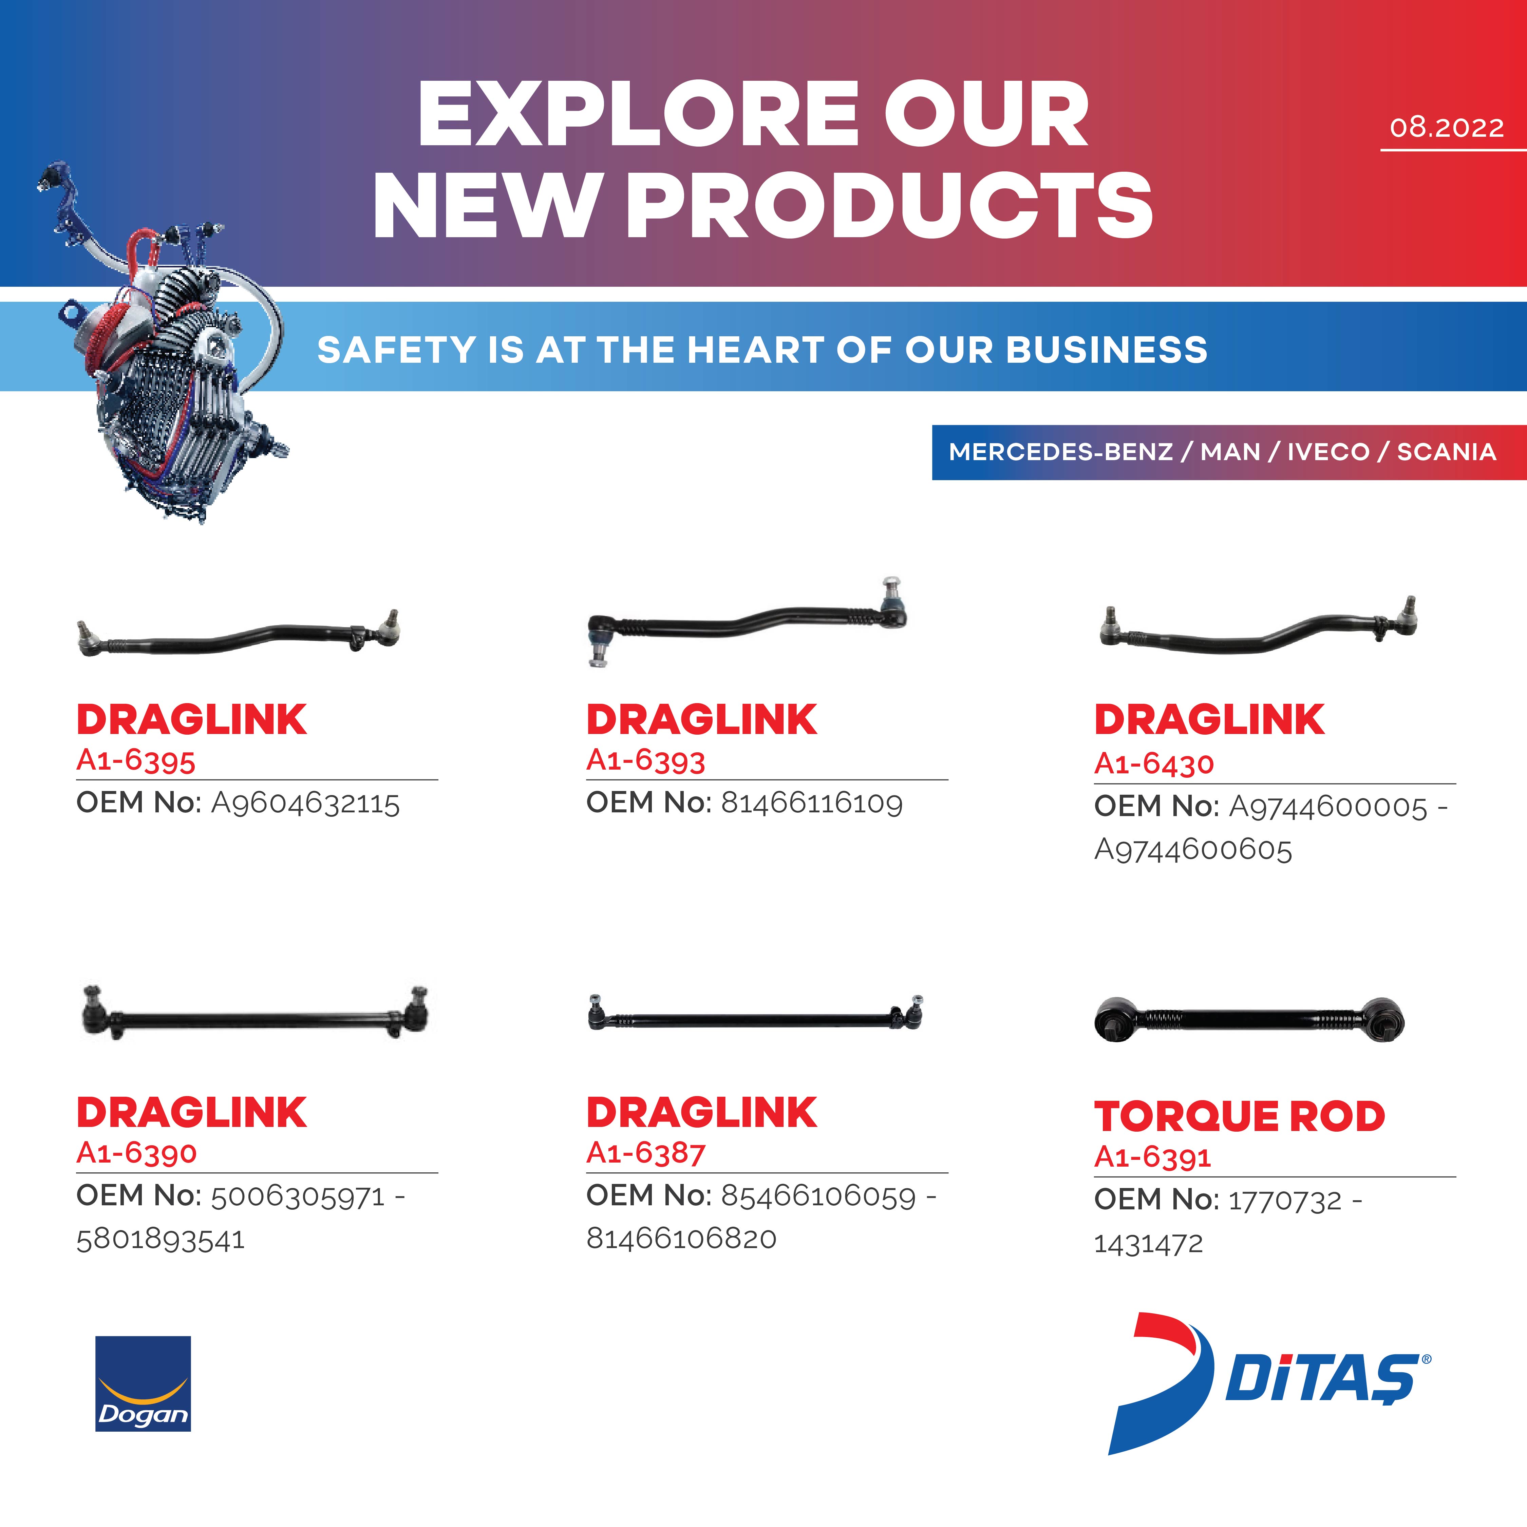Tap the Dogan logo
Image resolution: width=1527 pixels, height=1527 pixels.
[143, 1383]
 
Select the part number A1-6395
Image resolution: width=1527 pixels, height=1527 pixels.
[135, 760]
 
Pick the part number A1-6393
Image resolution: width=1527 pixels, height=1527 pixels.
[645, 760]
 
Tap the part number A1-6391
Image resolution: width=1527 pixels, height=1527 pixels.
[1152, 1157]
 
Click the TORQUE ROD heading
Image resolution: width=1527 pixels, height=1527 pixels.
[1239, 1116]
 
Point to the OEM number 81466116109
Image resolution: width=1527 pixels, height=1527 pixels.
[812, 803]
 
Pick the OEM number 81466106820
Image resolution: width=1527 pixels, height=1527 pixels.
[681, 1238]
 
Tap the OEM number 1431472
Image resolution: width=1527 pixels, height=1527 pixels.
[1148, 1243]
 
